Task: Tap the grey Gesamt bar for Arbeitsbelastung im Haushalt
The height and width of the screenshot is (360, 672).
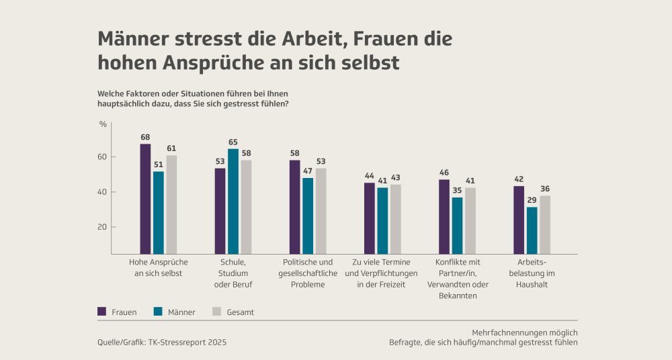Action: click(x=545, y=224)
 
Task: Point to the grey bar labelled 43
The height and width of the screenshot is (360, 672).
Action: click(x=395, y=219)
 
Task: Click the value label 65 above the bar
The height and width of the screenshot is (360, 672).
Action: click(x=233, y=142)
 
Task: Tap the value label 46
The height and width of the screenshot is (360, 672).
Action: click(x=444, y=173)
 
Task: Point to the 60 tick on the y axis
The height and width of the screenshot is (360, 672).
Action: click(x=103, y=157)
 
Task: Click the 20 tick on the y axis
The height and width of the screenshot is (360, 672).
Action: click(x=103, y=227)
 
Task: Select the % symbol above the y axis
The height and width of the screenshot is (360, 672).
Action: click(x=103, y=124)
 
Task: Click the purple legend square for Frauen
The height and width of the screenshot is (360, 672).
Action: click(x=102, y=312)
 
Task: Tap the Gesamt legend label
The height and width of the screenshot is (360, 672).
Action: click(x=240, y=312)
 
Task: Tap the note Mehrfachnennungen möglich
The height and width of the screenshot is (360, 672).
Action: click(x=524, y=332)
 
